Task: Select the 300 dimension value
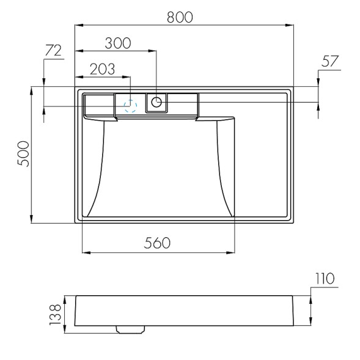[x=117, y=43]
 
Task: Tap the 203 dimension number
[x=102, y=69]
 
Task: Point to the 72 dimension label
[x=53, y=51]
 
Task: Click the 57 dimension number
[x=330, y=61]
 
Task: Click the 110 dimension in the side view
[x=325, y=279]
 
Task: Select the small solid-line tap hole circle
[x=156, y=102]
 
